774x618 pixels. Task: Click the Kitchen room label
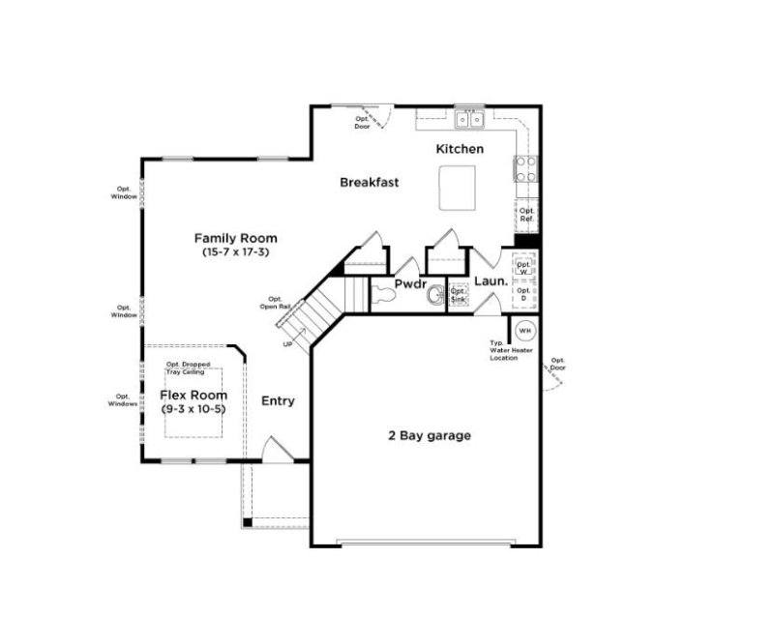pos(459,149)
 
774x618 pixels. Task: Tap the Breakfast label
pos(369,182)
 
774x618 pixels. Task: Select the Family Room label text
pos(235,238)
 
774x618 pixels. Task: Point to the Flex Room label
pos(193,395)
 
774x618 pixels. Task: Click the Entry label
pos(278,400)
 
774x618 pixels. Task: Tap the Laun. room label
pos(491,281)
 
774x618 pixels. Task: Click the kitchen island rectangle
pos(459,187)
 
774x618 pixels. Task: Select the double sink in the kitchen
pos(471,120)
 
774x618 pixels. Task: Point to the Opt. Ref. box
pos(526,215)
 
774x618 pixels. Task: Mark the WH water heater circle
pos(524,331)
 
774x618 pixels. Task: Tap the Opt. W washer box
pos(524,266)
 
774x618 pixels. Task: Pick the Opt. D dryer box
pos(524,295)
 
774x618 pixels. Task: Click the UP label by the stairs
pos(286,343)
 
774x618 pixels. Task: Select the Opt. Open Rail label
pos(275,305)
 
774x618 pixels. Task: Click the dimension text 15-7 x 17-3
pos(235,251)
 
